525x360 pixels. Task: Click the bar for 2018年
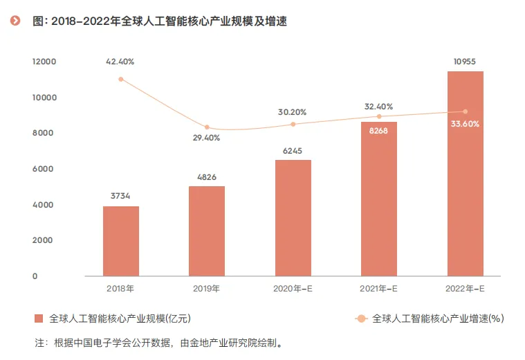coord(121,241)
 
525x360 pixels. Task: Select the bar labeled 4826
coord(207,231)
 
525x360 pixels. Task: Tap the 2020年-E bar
coord(293,218)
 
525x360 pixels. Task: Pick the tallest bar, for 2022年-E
coord(466,174)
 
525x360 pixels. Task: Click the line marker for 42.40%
coord(121,79)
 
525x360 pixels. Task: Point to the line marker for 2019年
coord(207,127)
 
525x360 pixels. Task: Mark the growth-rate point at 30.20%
coord(293,124)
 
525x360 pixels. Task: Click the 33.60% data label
coord(465,124)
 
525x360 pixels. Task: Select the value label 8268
coord(378,130)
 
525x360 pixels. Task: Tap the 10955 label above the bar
coord(464,62)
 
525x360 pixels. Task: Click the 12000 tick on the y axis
coord(44,62)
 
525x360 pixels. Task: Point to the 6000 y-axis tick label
coord(43,169)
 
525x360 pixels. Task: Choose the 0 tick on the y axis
coord(35,276)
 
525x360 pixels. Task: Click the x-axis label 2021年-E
coord(378,288)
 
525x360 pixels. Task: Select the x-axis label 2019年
coord(206,288)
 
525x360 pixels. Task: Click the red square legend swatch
coord(39,318)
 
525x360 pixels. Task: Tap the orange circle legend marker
coord(361,318)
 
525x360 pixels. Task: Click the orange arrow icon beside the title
coord(15,21)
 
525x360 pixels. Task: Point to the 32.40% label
coord(378,107)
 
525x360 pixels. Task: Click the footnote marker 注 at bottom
coord(39,343)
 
